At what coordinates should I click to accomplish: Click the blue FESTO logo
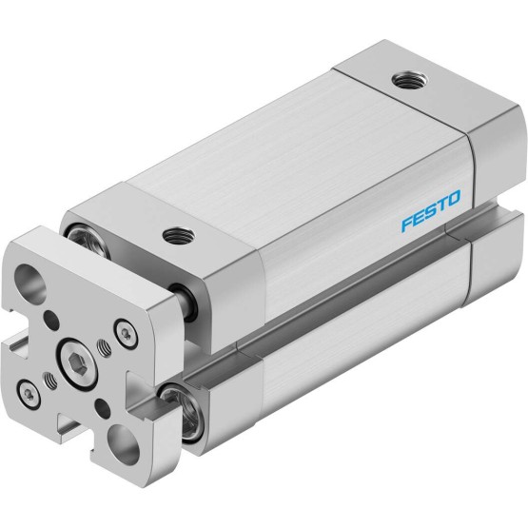(431, 211)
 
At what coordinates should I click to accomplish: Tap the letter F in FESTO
(407, 225)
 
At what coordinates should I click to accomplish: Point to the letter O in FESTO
(453, 198)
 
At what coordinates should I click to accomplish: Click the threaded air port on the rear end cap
(410, 81)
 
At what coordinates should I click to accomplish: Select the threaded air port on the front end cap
(178, 235)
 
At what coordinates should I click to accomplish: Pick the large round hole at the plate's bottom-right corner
(124, 444)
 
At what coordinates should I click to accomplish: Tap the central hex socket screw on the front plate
(77, 364)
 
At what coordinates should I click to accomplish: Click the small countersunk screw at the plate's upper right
(127, 333)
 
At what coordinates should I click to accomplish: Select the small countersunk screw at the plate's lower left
(29, 394)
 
